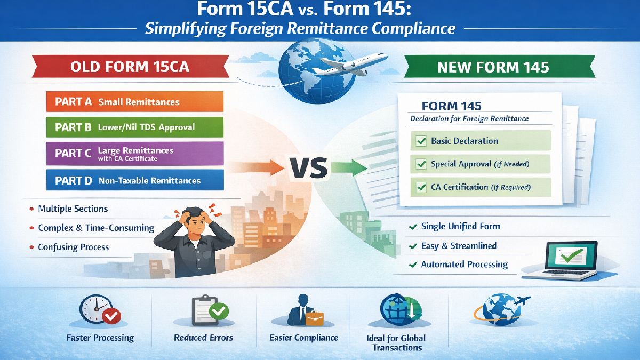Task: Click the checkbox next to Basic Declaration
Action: click(420, 141)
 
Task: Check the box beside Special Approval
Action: click(420, 164)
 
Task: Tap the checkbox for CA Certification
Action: click(420, 187)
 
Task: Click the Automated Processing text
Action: click(464, 265)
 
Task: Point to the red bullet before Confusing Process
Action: click(31, 247)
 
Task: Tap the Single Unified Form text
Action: click(460, 227)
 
